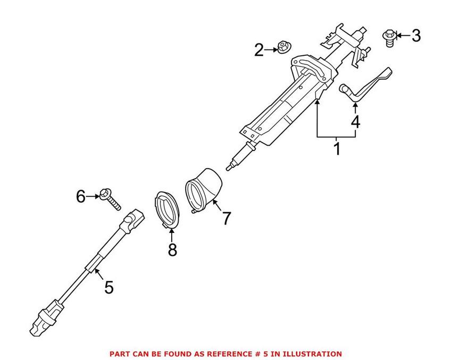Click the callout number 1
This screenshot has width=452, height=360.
click(336, 148)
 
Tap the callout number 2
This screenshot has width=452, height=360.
click(259, 51)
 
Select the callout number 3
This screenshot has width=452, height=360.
click(416, 36)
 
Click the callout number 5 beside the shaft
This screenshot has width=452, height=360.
click(108, 288)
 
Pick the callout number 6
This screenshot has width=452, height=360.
click(80, 197)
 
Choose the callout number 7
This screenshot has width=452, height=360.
click(227, 217)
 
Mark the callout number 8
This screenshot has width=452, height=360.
click(172, 249)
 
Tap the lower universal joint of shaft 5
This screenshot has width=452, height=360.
click(47, 316)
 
